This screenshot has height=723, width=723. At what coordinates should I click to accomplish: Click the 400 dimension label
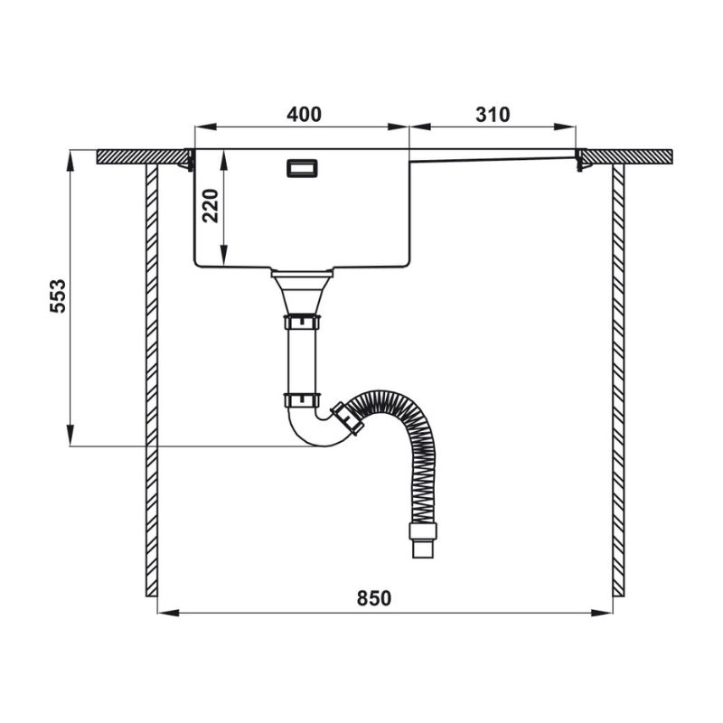pyautogui.click(x=304, y=115)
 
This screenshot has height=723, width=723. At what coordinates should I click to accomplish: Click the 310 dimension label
pyautogui.click(x=493, y=115)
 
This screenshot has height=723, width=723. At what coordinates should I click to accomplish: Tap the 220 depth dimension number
pyautogui.click(x=211, y=206)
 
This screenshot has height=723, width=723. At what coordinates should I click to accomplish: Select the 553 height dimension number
pyautogui.click(x=58, y=296)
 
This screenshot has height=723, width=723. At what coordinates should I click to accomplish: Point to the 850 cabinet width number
pyautogui.click(x=374, y=598)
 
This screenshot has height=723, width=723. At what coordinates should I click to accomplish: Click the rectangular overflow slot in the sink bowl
pyautogui.click(x=302, y=168)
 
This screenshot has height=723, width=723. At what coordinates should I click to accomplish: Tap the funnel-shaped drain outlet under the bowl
pyautogui.click(x=302, y=292)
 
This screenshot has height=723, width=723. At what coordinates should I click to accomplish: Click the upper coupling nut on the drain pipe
pyautogui.click(x=302, y=322)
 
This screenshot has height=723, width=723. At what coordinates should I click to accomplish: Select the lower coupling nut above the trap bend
pyautogui.click(x=302, y=399)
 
